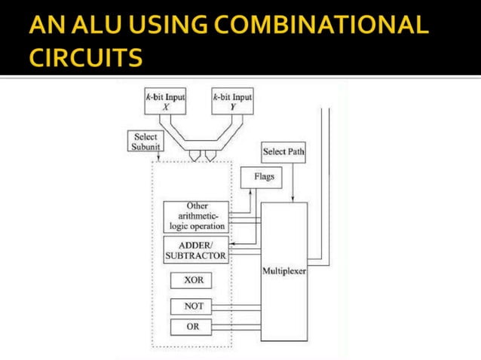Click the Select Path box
click(x=283, y=152)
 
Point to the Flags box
click(x=258, y=178)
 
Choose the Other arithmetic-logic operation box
click(x=195, y=215)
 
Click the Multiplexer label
click(x=283, y=270)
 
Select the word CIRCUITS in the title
click(x=84, y=57)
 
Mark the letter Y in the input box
click(x=233, y=107)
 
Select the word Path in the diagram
click(x=295, y=152)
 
